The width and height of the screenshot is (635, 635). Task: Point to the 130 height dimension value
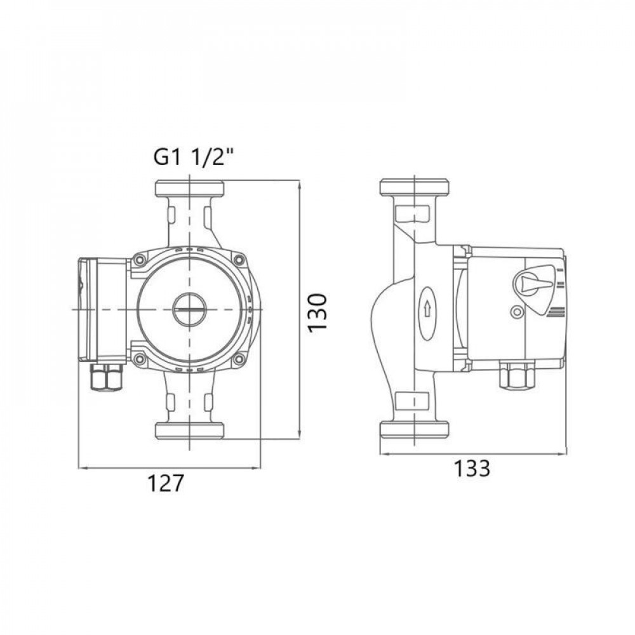tap(317, 311)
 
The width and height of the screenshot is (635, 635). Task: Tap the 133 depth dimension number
tap(472, 469)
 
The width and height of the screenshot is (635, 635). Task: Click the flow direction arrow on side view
tap(427, 309)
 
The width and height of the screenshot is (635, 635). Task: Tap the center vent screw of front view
tap(190, 309)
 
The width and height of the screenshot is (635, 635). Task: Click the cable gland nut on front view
tap(107, 379)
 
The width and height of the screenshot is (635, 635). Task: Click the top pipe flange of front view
tap(189, 188)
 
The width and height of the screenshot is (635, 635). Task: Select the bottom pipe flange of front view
tap(189, 430)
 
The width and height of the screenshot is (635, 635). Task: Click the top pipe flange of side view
tap(414, 187)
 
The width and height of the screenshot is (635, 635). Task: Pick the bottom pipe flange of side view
tap(414, 430)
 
